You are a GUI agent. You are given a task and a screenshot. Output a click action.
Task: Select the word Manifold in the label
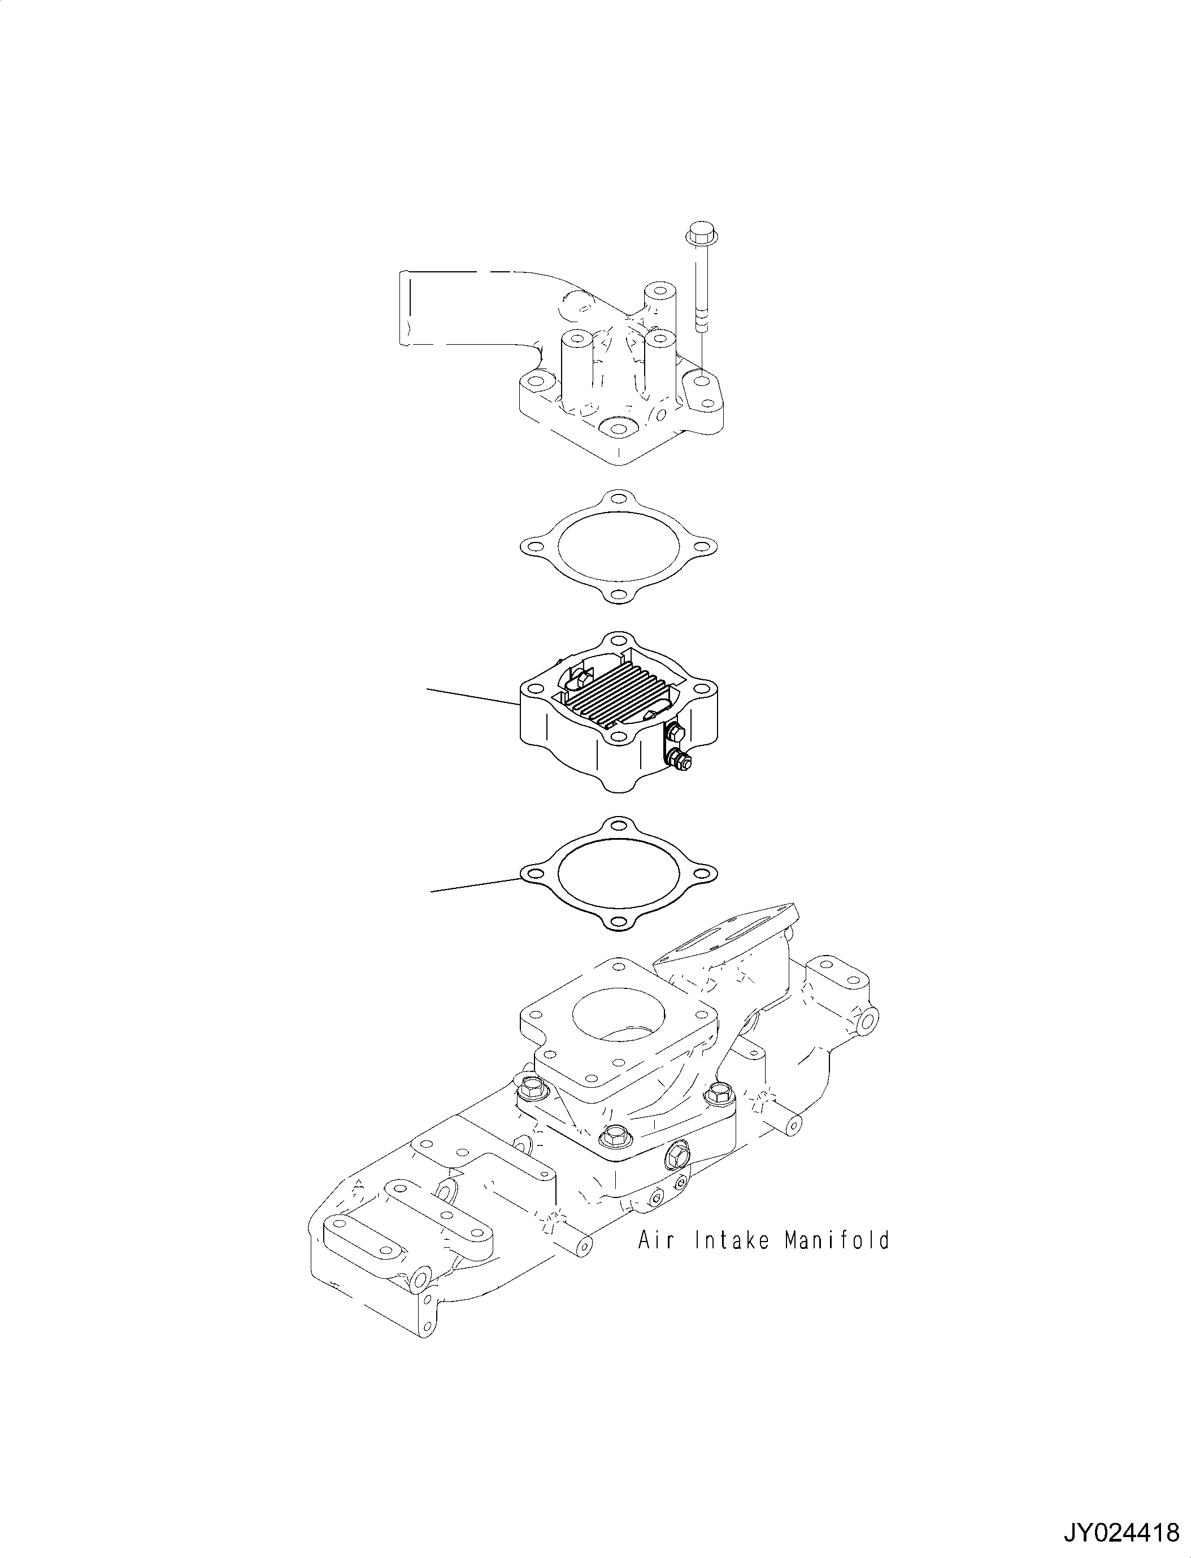(x=837, y=1241)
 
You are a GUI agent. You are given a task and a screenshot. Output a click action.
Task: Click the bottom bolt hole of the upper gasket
(x=619, y=594)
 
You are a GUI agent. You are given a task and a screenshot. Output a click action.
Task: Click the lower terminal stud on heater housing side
(x=682, y=762)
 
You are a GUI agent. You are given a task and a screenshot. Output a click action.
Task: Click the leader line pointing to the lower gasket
(x=475, y=884)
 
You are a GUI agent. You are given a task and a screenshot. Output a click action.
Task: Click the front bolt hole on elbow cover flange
(x=618, y=428)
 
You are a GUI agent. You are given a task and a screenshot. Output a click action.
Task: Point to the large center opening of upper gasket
(x=619, y=545)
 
